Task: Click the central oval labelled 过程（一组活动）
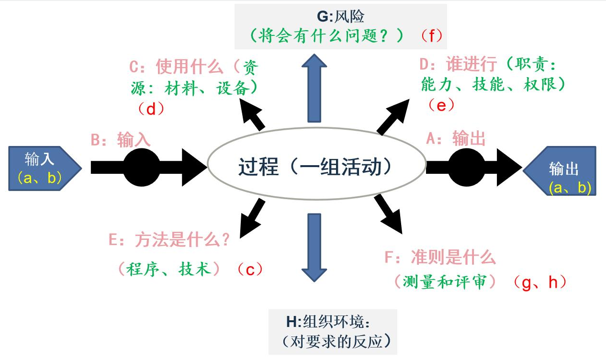click(x=316, y=167)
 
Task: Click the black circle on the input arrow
click(x=142, y=167)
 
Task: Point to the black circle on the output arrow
click(x=466, y=167)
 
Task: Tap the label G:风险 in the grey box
click(x=340, y=17)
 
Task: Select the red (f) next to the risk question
click(x=431, y=35)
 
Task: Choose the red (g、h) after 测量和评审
click(x=539, y=282)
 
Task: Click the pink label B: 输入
click(x=121, y=140)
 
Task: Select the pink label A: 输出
click(x=456, y=139)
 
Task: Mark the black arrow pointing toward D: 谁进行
click(x=393, y=115)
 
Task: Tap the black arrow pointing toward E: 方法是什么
click(x=251, y=218)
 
